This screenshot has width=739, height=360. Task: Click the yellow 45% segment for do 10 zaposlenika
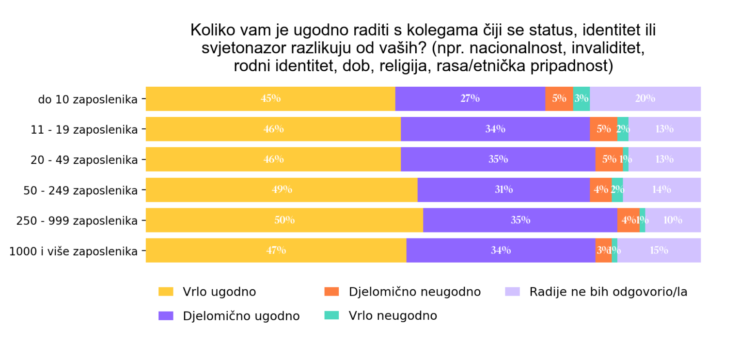(270, 99)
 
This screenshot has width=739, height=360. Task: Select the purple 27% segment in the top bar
(470, 99)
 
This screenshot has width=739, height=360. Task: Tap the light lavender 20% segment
(645, 99)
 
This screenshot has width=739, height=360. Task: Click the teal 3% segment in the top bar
(582, 99)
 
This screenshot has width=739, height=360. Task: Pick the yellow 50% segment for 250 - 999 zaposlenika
(284, 220)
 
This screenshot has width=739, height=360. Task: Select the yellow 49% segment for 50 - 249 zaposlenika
(282, 190)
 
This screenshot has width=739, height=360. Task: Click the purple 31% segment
(503, 190)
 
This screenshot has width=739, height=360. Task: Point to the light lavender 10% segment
(673, 220)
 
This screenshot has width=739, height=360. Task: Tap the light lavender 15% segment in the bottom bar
(659, 250)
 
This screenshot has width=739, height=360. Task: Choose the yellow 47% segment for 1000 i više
(276, 250)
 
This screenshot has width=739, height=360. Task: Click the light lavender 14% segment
(661, 190)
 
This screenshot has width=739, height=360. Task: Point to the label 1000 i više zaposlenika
(73, 251)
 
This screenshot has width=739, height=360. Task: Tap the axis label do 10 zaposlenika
(88, 99)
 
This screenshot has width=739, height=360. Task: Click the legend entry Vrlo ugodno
(219, 292)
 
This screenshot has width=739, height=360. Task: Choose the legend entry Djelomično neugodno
(414, 292)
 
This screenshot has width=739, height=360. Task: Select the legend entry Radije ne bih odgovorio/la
(608, 292)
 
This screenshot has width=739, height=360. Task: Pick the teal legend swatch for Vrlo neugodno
(331, 315)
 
